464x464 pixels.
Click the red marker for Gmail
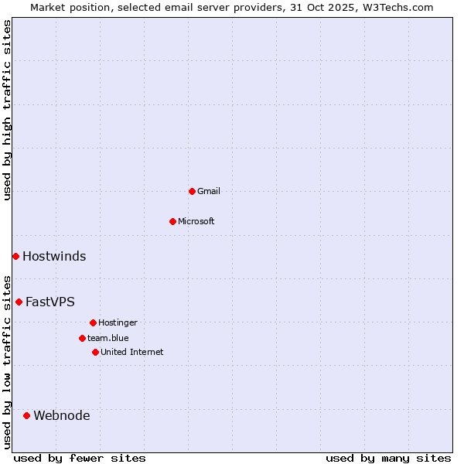tap(192, 191)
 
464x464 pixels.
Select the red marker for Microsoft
tap(172, 221)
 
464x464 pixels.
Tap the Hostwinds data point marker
tap(15, 256)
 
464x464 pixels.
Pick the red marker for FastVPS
tap(19, 302)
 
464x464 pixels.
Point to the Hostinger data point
tap(93, 322)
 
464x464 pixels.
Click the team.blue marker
tap(82, 338)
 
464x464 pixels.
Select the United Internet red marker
tap(95, 352)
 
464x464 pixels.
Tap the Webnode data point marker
tap(26, 415)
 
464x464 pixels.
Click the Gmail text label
tap(209, 191)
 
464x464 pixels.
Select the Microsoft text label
tap(196, 221)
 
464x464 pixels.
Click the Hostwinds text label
tap(54, 257)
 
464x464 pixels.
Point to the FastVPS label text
tap(50, 302)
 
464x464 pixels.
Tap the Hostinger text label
tap(118, 322)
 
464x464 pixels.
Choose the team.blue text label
tap(108, 338)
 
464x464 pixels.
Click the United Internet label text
tap(132, 352)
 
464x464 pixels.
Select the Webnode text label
tap(62, 416)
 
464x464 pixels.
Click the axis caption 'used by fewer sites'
tap(80, 458)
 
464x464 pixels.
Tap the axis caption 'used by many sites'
tap(388, 458)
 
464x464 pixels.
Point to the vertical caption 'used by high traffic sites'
tap(7, 110)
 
